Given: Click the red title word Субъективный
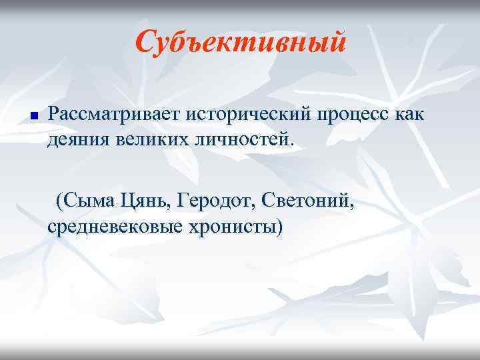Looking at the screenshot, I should [x=240, y=43].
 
